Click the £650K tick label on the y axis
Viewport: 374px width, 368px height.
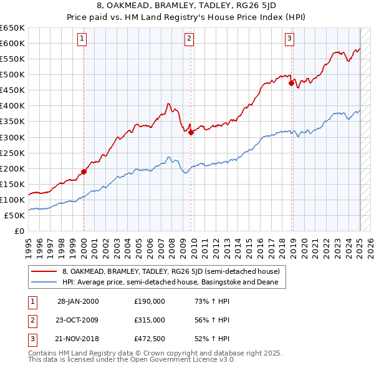pyautogui.click(x=12, y=28)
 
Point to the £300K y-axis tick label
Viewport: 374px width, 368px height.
pyautogui.click(x=12, y=137)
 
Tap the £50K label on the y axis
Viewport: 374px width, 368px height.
pyautogui.click(x=15, y=215)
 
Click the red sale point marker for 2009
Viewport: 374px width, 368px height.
pyautogui.click(x=191, y=132)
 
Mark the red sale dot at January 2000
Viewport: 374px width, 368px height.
pyautogui.click(x=84, y=171)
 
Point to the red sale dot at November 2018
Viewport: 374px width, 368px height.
pyautogui.click(x=291, y=82)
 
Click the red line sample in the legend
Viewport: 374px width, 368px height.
pyautogui.click(x=44, y=272)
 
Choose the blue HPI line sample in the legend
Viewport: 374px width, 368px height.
pyautogui.click(x=44, y=283)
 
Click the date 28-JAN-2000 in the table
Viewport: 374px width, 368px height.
pyautogui.click(x=78, y=301)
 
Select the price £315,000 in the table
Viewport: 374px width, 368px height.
pyautogui.click(x=150, y=319)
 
